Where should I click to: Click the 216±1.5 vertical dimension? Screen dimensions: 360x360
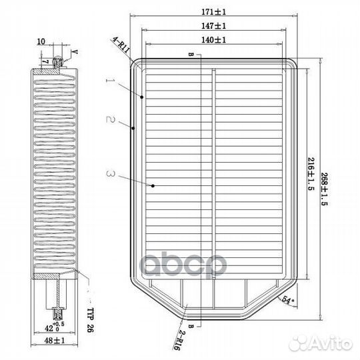tap(310, 173)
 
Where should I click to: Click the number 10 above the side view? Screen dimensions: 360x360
tap(41, 41)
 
